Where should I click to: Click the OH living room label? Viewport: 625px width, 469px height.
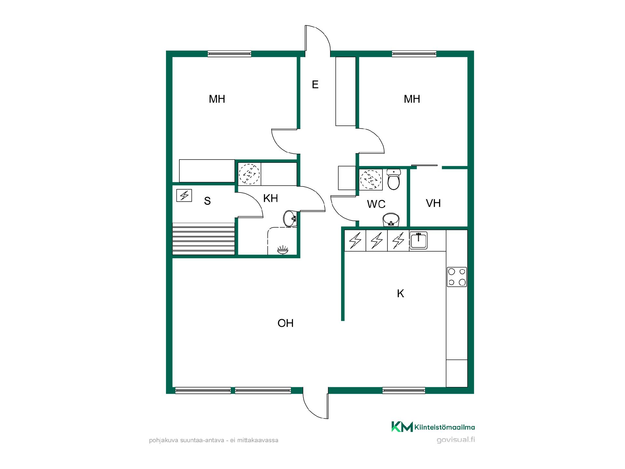(285, 323)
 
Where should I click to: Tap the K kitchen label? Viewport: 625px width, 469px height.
(400, 293)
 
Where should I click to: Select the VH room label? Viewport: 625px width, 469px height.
(433, 203)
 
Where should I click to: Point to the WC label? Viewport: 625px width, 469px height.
(376, 204)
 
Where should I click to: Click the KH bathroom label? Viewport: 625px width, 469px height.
(271, 198)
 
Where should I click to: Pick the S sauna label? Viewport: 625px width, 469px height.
(207, 201)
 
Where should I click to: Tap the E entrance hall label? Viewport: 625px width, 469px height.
(315, 85)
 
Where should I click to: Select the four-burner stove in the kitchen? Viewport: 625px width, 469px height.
(457, 277)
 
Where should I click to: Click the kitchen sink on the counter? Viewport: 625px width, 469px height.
(418, 240)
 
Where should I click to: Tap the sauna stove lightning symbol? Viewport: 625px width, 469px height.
(184, 195)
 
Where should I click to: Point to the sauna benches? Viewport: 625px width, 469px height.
(203, 239)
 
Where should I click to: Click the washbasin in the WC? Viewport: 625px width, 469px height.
(391, 220)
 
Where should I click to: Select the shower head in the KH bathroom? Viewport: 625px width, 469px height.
(283, 250)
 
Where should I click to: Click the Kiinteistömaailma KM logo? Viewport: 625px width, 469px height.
(402, 427)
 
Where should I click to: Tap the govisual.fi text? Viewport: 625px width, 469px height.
(456, 440)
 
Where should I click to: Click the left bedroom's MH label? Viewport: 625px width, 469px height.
(217, 99)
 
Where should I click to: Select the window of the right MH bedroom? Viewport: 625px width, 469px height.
(414, 54)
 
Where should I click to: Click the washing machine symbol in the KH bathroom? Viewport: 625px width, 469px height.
(250, 174)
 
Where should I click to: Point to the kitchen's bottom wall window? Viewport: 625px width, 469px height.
(404, 390)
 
